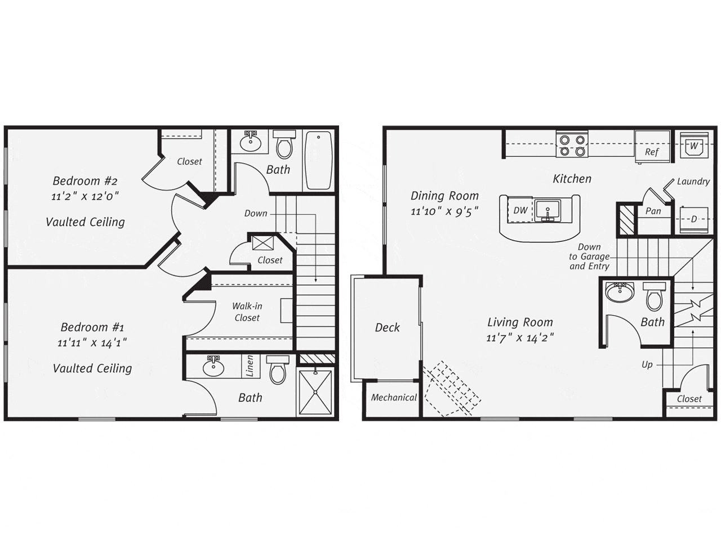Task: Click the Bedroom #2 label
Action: (84, 181)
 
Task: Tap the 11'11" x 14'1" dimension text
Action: (92, 343)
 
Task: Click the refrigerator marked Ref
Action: (652, 147)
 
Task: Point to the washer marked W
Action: (693, 145)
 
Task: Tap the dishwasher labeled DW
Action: (520, 210)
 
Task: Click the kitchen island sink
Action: (548, 210)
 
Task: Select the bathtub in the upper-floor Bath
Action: (318, 160)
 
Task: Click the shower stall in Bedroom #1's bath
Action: (315, 392)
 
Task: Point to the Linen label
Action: (250, 366)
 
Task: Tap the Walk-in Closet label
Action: (247, 312)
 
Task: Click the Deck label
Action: (388, 327)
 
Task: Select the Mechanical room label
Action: (394, 397)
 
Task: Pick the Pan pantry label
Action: (653, 211)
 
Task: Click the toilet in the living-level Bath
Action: (654, 297)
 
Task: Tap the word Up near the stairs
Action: (647, 365)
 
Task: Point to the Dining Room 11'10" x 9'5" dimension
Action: (444, 211)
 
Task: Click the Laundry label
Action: (693, 181)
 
